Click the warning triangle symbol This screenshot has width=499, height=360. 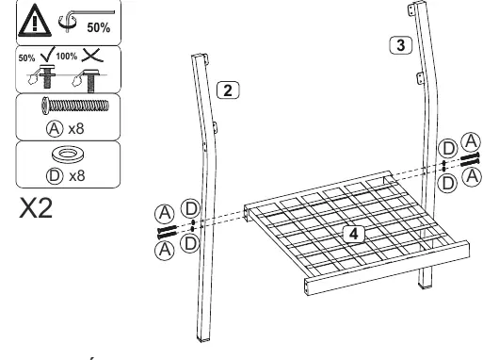pos(35,21)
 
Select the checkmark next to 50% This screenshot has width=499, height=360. pos(48,54)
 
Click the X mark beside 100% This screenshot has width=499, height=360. pos(92,55)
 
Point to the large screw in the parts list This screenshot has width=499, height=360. pos(75,106)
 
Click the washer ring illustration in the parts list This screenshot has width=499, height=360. pos(68,155)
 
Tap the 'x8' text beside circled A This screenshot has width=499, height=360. pos(76,129)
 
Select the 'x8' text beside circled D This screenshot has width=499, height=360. pos(77,176)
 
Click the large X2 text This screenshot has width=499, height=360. pos(36,208)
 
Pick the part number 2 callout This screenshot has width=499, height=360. pos(228,90)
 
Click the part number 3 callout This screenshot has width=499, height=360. pos(401,45)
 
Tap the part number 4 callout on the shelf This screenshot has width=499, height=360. pos(354,234)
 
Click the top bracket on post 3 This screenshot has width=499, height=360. pos(411,9)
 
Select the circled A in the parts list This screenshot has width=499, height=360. pos(55,129)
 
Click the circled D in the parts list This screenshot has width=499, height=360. pos(55,176)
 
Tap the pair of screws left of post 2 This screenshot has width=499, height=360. pos(167,232)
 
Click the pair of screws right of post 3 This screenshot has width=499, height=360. pos(470,159)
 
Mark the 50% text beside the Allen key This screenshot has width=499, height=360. pos(99,27)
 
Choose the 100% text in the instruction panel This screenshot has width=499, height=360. pos(67,57)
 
